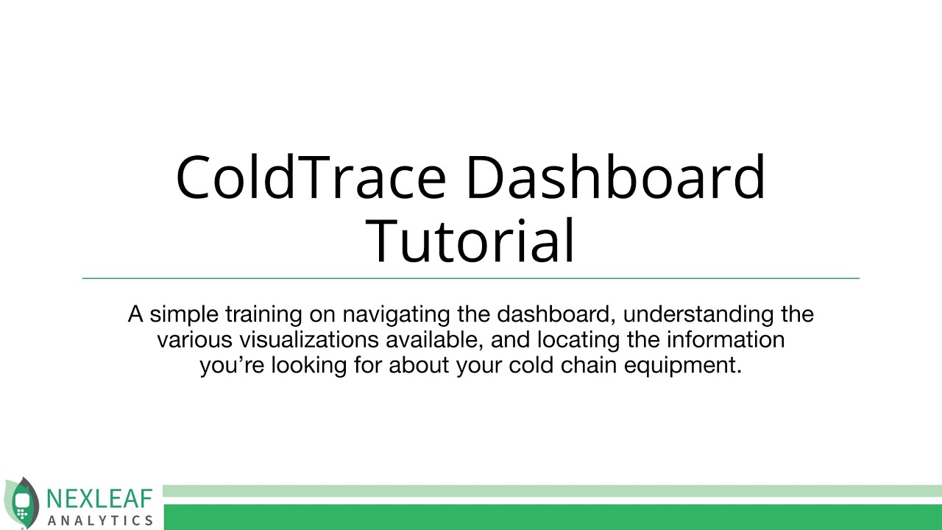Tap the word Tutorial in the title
pyautogui.click(x=470, y=241)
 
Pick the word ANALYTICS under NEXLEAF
pyautogui.click(x=100, y=520)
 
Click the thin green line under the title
pyautogui.click(x=471, y=278)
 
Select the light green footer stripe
pyautogui.click(x=552, y=491)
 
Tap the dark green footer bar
pyautogui.click(x=552, y=517)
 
